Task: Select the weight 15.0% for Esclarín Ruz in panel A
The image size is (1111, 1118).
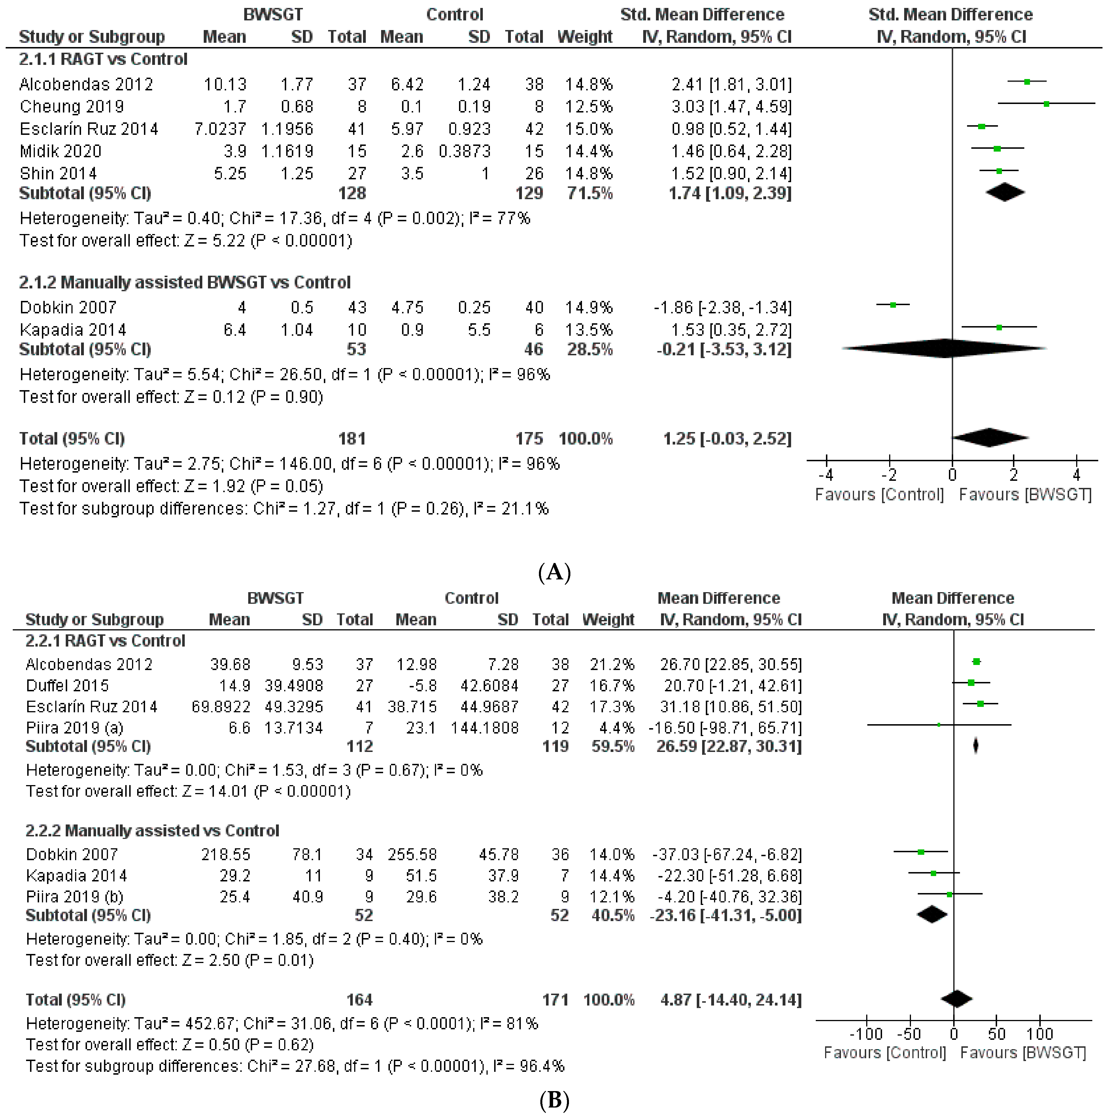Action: tap(589, 129)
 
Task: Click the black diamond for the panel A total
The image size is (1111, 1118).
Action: tap(990, 438)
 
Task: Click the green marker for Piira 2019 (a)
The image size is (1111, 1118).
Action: tap(938, 725)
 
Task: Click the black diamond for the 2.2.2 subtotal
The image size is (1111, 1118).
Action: tap(932, 915)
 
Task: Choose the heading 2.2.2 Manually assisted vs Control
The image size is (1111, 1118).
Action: tap(152, 831)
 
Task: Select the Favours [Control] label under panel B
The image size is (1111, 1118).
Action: tap(885, 1053)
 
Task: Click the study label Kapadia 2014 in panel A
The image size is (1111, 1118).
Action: tap(73, 330)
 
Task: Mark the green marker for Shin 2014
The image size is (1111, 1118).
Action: tap(999, 171)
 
